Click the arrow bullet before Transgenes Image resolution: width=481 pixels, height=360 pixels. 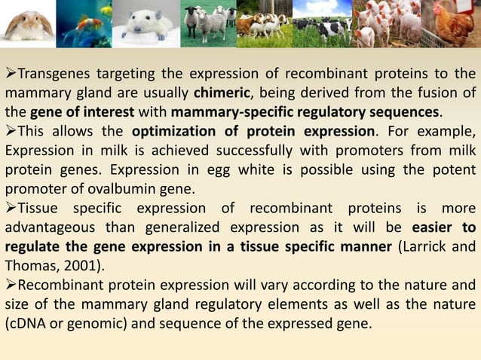(x=10, y=74)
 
